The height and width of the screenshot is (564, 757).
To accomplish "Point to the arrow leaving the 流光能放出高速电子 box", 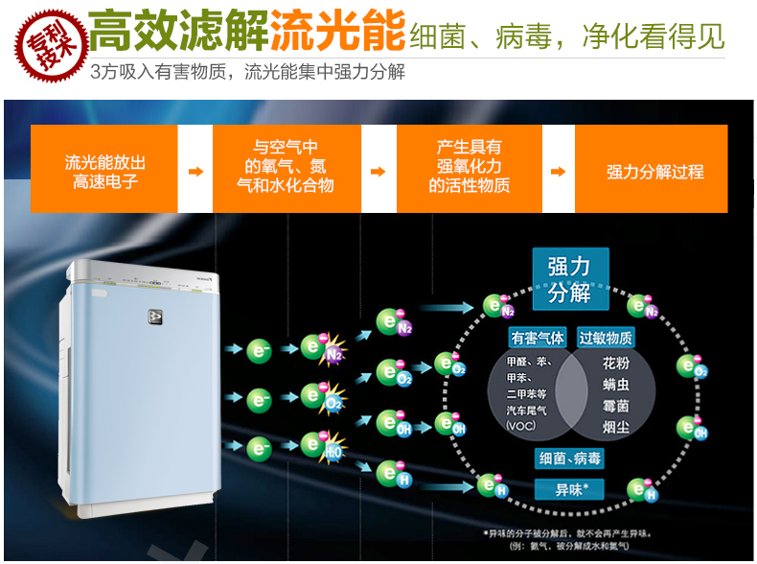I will (x=195, y=172).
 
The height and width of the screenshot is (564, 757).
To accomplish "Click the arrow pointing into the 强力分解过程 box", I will (x=559, y=172).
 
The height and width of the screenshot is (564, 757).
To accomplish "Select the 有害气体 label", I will (x=538, y=338).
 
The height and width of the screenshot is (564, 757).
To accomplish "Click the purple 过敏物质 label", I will (x=605, y=338).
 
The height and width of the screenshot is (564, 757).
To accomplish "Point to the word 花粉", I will (x=616, y=364).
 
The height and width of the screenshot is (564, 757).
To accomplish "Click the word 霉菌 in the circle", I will (x=616, y=406).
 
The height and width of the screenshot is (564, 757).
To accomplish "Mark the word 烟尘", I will (x=616, y=427).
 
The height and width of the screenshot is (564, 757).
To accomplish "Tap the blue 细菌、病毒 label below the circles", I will (x=571, y=459).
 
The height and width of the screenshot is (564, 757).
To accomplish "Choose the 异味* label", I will (x=571, y=490).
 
